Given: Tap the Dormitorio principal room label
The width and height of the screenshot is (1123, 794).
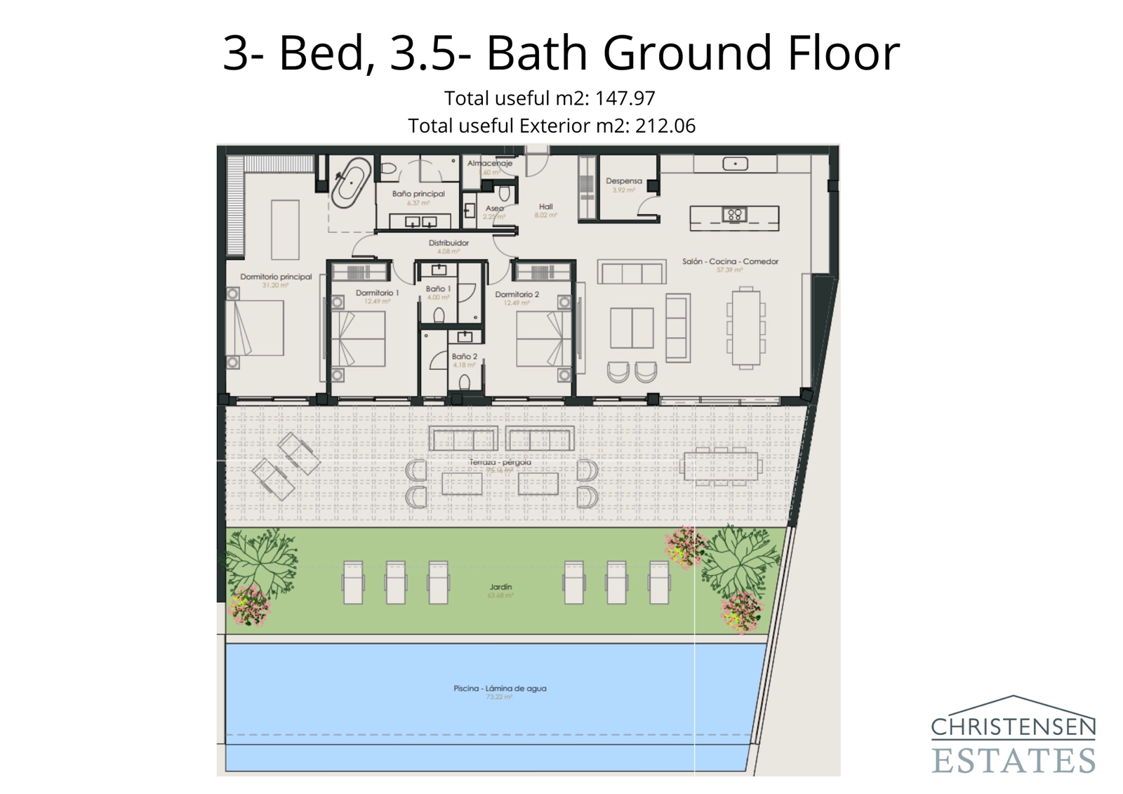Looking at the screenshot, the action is (x=276, y=277).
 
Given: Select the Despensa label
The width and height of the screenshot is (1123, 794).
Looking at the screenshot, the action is (x=623, y=181).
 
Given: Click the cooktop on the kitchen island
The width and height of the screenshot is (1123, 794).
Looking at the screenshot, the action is (x=734, y=215).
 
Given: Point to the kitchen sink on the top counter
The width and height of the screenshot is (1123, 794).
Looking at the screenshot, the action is (x=735, y=164).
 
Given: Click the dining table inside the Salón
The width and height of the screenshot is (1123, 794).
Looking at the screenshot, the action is (x=745, y=326).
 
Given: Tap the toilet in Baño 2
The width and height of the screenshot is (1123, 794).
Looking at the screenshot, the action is (x=464, y=383).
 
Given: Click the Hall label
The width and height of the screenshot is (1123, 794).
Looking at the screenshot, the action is (x=545, y=207).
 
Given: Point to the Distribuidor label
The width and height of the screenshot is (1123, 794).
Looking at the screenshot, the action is (x=448, y=243).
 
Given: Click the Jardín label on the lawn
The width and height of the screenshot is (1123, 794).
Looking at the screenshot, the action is (x=500, y=587).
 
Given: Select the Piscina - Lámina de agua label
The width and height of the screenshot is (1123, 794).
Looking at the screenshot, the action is (x=499, y=689).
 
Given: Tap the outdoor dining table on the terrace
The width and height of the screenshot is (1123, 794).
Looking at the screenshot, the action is (x=720, y=467).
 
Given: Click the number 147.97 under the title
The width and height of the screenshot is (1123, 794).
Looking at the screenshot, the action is (x=625, y=98).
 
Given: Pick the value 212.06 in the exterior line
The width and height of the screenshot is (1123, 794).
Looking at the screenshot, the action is (x=665, y=126).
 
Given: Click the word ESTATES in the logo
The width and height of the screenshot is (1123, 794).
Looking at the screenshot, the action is (x=1013, y=760).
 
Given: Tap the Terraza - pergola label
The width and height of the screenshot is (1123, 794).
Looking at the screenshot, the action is (x=500, y=463).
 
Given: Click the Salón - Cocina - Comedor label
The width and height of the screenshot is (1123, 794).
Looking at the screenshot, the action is (x=730, y=261).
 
